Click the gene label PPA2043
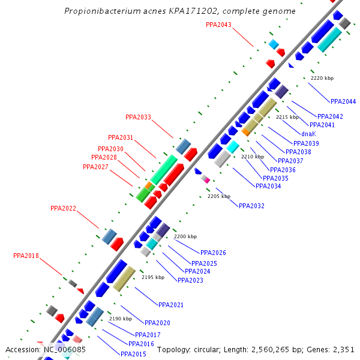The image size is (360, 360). click(218, 25)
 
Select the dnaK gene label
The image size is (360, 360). click(308, 134)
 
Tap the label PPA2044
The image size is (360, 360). click(343, 101)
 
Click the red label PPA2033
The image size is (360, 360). click(138, 117)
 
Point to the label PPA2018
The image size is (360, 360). click(26, 256)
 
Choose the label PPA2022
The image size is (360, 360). click(63, 208)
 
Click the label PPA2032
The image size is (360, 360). click(251, 206)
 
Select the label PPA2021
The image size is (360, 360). click(171, 305)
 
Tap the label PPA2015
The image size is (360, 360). click(133, 354)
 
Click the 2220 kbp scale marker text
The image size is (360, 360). click(322, 78)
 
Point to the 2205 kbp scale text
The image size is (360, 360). click(219, 196)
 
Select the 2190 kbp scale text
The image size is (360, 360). click(120, 319)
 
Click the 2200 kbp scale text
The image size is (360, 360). click(185, 236)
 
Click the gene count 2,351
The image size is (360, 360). click(344, 349)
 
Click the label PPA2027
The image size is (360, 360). click(95, 167)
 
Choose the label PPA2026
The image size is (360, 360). click(213, 253)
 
